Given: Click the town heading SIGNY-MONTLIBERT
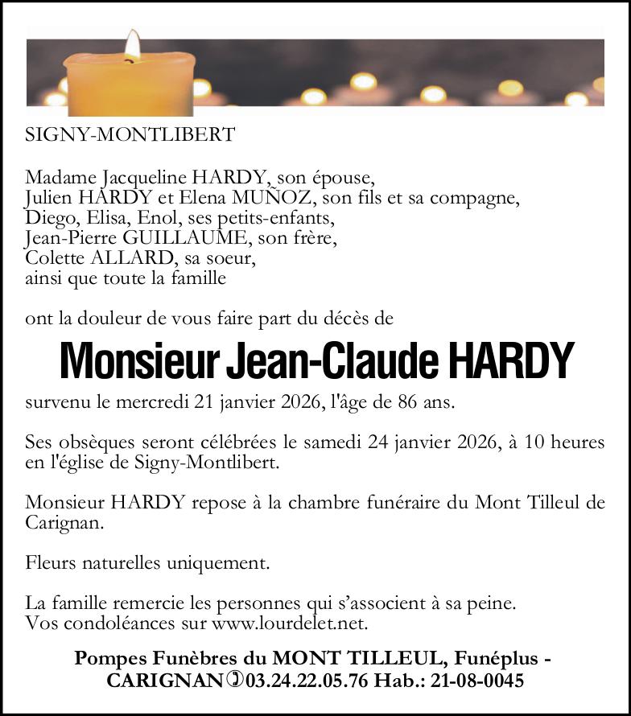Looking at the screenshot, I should point(130,134).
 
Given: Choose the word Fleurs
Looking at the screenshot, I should point(51,562).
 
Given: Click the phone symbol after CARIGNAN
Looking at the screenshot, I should point(234,680).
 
